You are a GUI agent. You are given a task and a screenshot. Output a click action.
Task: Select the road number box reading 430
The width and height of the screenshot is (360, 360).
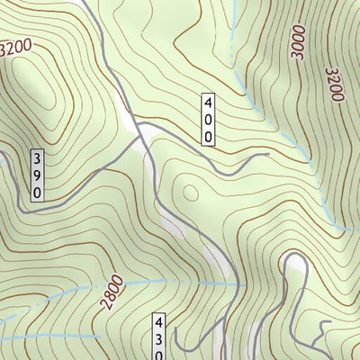click(159, 335)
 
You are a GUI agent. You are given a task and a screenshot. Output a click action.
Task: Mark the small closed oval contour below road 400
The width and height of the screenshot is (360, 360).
click(190, 192)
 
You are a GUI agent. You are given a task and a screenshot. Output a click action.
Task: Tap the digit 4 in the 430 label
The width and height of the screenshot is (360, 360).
click(159, 322)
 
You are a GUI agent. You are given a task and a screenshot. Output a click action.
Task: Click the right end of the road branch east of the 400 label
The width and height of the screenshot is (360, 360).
click(267, 155)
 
